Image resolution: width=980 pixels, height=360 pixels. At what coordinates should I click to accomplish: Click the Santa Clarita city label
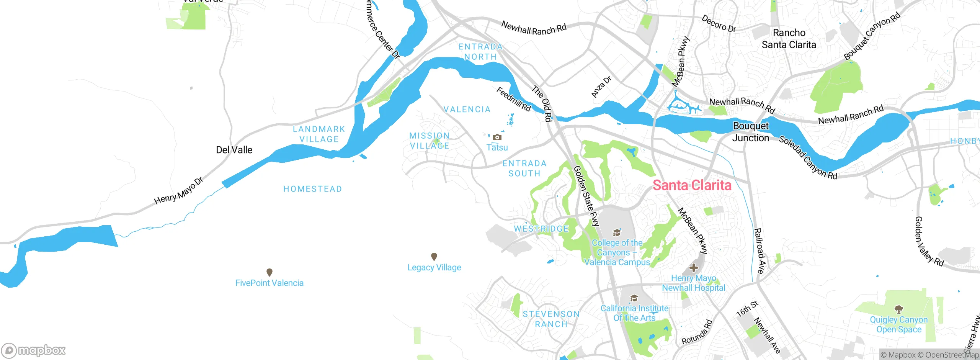coord(692,185)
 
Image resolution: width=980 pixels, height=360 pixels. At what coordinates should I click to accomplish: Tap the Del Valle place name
coord(234,150)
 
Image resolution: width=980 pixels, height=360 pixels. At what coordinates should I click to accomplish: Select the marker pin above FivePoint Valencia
coord(269,272)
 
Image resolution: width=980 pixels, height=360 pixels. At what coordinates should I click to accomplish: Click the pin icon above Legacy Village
coord(434,257)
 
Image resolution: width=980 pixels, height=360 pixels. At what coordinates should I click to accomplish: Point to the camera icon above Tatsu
coord(497,137)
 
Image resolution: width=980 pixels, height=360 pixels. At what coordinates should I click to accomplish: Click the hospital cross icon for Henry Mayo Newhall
coord(693,268)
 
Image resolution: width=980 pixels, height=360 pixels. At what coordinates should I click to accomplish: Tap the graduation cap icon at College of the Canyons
coord(616,232)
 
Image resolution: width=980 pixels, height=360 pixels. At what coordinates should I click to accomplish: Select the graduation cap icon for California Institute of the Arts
coord(634,298)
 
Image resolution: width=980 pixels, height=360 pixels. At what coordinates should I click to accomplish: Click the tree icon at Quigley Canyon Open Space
coord(898,309)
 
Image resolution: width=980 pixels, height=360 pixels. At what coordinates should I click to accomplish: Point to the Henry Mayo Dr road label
coord(178,191)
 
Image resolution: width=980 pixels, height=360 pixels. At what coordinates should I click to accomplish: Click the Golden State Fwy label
coord(586,196)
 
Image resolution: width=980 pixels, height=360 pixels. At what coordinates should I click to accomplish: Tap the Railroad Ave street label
coord(759,251)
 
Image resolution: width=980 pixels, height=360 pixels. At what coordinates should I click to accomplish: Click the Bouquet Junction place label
coord(750,132)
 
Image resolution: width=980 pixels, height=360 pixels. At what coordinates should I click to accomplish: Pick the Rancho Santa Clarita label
coord(789,39)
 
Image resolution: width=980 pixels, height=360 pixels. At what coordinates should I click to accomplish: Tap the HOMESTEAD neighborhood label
coord(312,189)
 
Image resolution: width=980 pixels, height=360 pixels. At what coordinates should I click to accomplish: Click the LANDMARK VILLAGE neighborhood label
coord(319,134)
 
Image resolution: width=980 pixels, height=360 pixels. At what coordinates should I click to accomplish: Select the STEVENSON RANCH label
coord(551,319)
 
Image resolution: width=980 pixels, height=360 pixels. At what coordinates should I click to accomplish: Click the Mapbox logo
coord(34,350)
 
